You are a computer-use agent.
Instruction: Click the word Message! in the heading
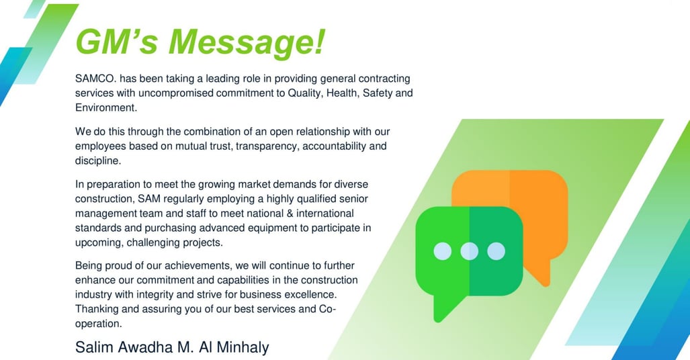(x=247, y=43)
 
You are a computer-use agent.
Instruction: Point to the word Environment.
(x=106, y=108)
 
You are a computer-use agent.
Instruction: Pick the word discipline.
(x=97, y=161)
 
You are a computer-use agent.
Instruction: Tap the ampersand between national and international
(x=289, y=214)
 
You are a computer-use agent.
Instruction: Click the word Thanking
(x=97, y=309)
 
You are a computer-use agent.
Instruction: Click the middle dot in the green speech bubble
(x=469, y=251)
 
